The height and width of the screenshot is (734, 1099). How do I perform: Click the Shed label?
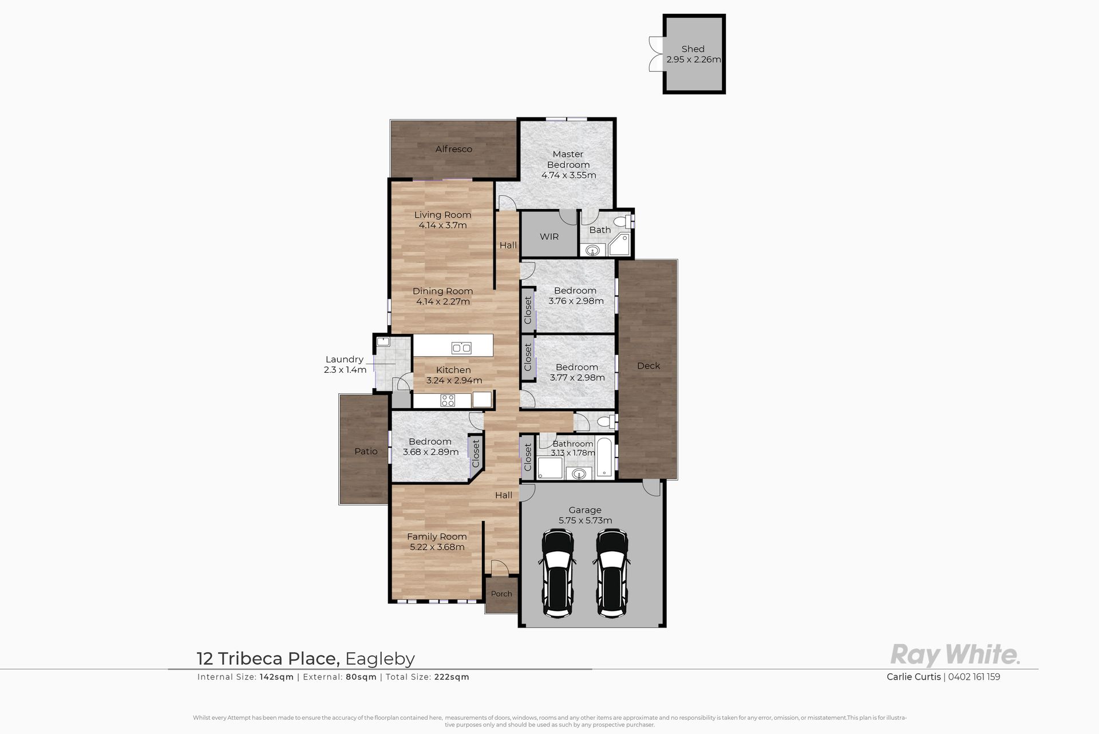693,49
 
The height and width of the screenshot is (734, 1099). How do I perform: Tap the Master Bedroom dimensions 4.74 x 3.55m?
568,175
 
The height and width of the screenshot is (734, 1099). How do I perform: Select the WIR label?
549,236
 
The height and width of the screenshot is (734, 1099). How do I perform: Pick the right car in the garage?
612,573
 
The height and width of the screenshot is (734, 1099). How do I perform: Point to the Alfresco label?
454,149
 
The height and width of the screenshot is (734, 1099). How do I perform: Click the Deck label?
649,365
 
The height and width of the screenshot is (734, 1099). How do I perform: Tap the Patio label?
366,451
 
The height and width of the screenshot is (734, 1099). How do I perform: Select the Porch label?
501,594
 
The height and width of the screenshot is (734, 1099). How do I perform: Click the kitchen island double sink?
461,348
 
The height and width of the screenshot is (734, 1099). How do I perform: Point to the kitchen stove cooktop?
448,401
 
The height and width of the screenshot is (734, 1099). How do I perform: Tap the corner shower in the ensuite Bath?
619,244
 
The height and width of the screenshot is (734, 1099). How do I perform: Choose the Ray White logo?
955,654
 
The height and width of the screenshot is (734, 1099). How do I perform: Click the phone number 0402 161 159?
974,677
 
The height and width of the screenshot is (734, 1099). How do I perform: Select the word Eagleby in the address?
379,659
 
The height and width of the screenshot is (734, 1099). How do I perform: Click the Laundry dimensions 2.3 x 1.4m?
345,370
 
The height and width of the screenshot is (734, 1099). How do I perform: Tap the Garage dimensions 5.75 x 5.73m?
586,520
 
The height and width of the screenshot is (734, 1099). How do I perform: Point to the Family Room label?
437,536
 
